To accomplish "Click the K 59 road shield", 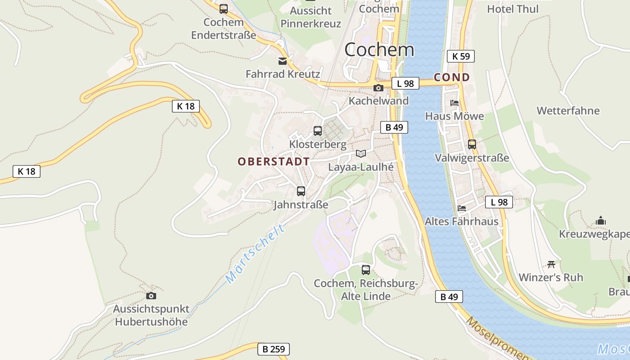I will pyautogui.click(x=460, y=56).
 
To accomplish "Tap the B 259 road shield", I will pyautogui.click(x=273, y=349).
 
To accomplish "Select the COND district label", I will pyautogui.click(x=451, y=77).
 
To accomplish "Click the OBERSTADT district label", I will pyautogui.click(x=274, y=162).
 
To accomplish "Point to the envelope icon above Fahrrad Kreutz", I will pyautogui.click(x=283, y=61).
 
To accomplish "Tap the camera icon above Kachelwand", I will pyautogui.click(x=378, y=88).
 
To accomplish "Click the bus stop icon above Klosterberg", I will pyautogui.click(x=318, y=131).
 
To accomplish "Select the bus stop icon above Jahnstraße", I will pyautogui.click(x=301, y=191).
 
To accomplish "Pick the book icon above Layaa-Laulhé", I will pyautogui.click(x=361, y=153).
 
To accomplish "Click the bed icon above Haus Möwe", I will pyautogui.click(x=454, y=103).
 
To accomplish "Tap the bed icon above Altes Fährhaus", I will pyautogui.click(x=462, y=208).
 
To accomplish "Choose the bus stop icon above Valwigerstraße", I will pyautogui.click(x=472, y=144).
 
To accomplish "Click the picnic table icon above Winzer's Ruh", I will pyautogui.click(x=551, y=264).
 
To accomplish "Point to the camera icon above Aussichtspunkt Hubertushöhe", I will pyautogui.click(x=151, y=296).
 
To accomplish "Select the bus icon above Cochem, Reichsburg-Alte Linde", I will pyautogui.click(x=366, y=270).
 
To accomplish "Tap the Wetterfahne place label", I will pyautogui.click(x=568, y=111).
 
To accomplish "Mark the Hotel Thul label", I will pyautogui.click(x=513, y=9).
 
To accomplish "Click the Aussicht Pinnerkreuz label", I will pyautogui.click(x=310, y=17).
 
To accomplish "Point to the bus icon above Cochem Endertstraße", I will pyautogui.click(x=224, y=9).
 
